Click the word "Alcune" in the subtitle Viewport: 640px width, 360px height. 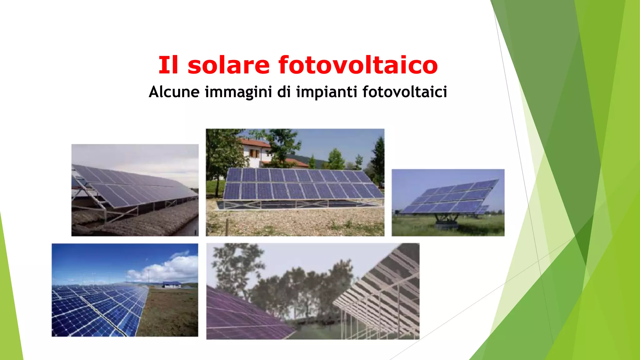click(x=174, y=92)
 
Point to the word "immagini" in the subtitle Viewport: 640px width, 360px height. click(x=238, y=92)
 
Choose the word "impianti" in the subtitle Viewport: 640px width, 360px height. click(x=327, y=92)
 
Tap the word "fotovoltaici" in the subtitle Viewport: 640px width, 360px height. click(x=405, y=92)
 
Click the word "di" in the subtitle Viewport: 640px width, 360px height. click(x=284, y=92)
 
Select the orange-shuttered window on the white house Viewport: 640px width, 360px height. click(x=254, y=153)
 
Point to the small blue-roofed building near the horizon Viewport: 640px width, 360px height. click(x=171, y=284)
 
